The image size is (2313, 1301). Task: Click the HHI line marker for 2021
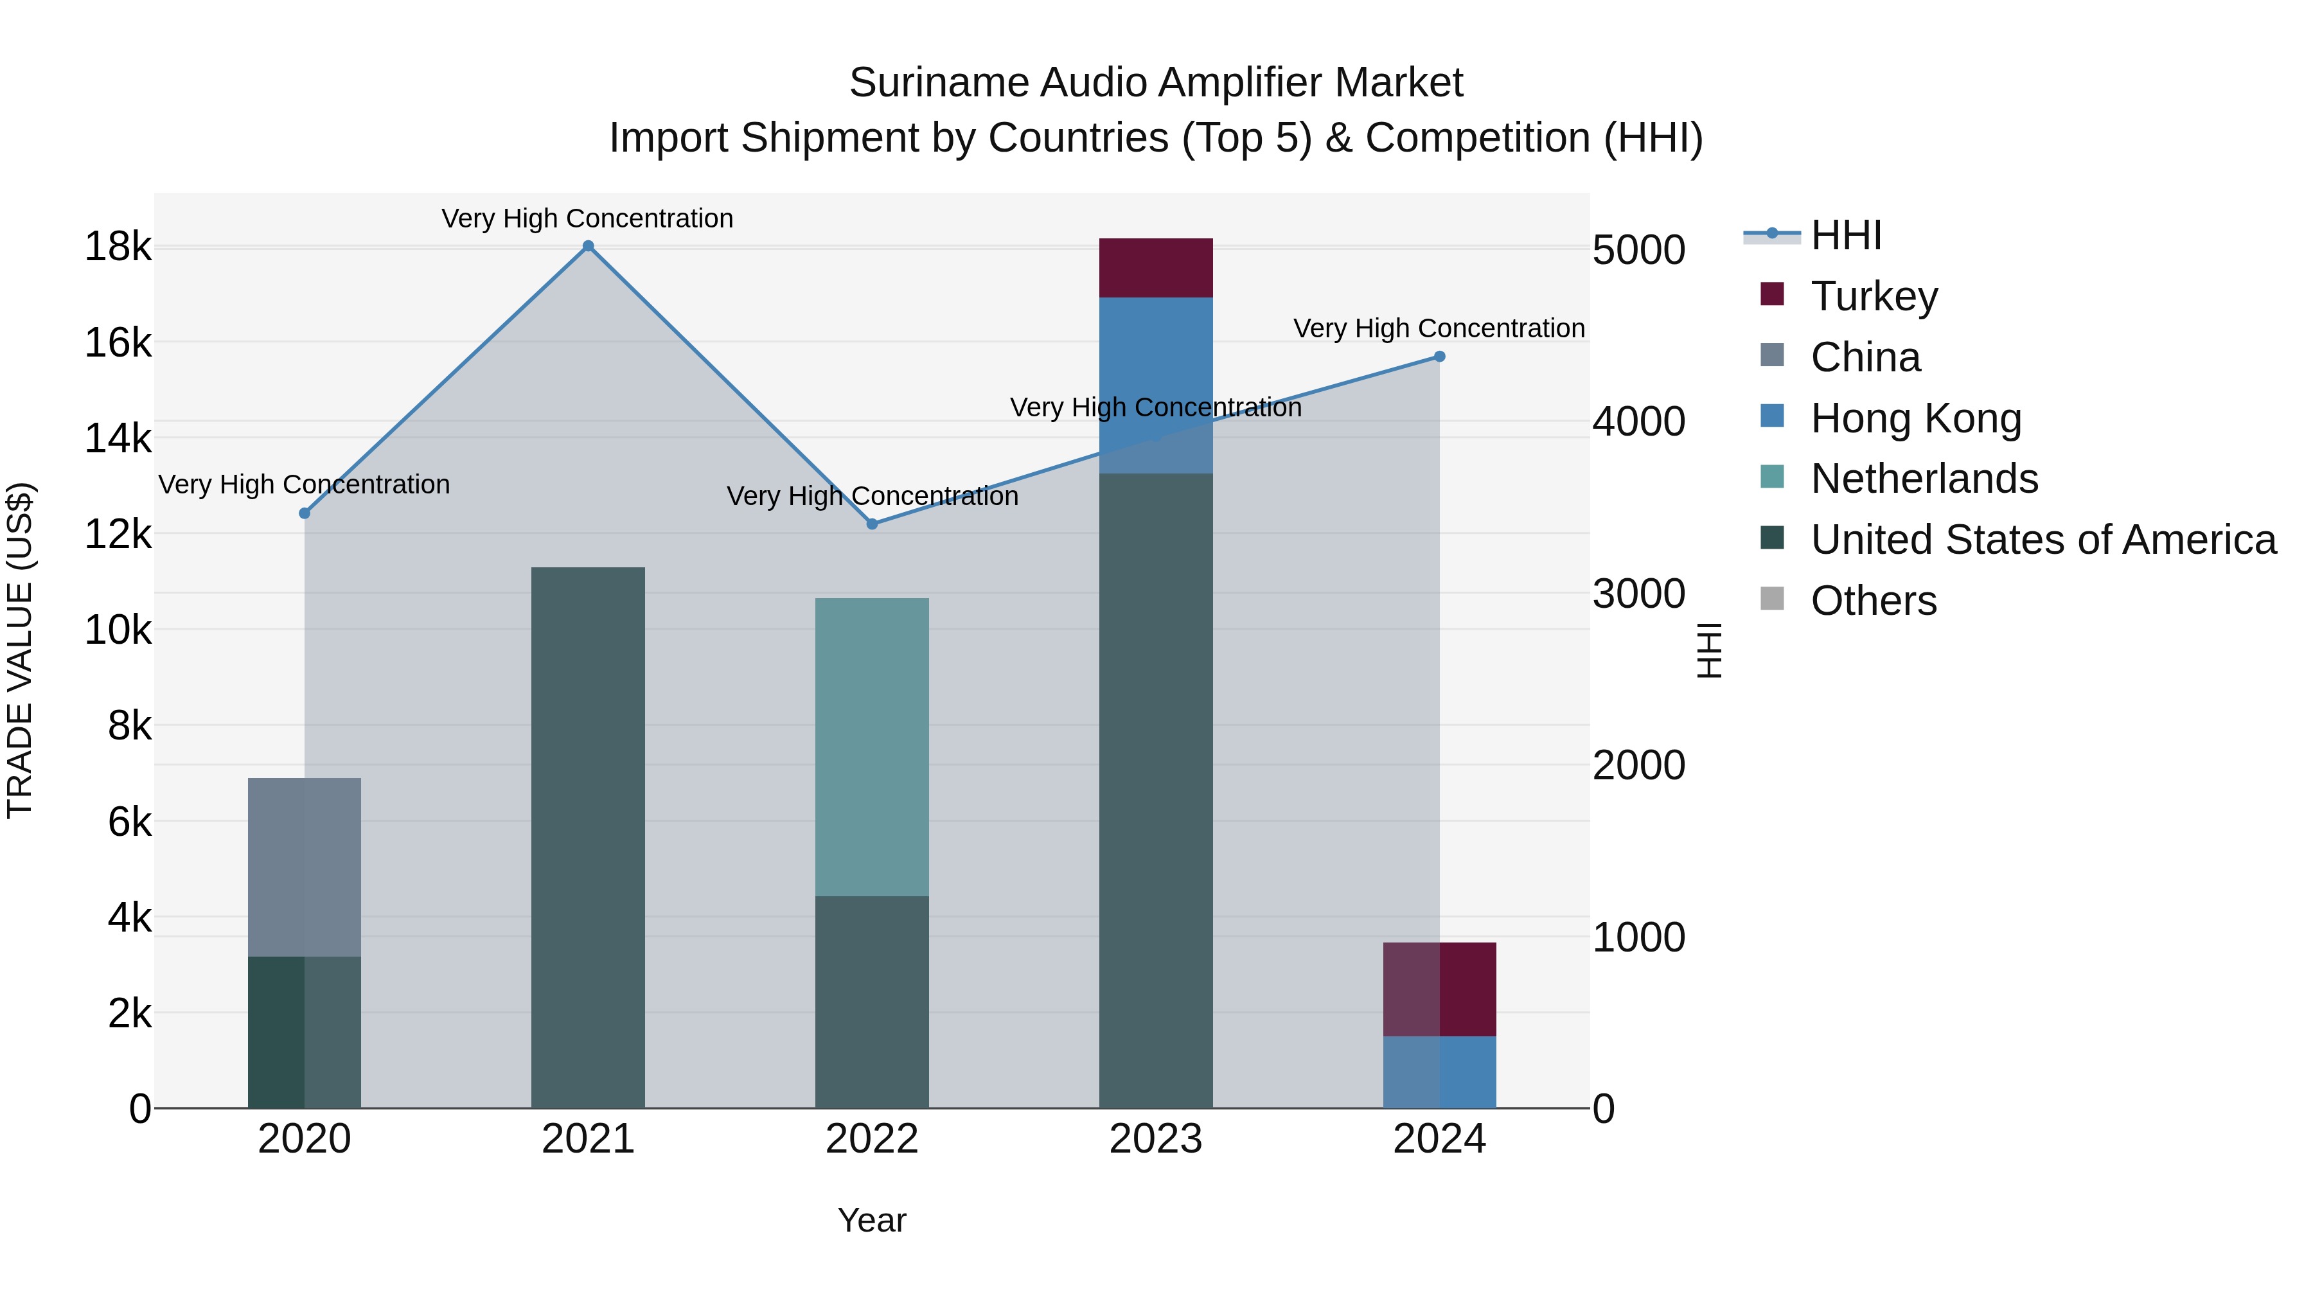588,246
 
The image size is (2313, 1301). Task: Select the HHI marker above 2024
1439,357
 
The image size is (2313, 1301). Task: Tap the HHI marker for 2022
872,524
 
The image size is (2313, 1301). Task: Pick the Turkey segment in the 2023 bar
1156,267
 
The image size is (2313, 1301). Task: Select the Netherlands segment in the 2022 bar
872,746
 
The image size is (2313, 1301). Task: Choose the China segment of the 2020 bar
305,867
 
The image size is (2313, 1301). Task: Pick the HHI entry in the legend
1845,235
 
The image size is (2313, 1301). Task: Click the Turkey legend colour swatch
1771,294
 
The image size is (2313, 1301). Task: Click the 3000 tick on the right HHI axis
1638,594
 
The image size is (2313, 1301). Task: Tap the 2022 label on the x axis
872,1139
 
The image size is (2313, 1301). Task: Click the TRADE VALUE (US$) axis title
20,650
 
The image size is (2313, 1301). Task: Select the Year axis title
872,1220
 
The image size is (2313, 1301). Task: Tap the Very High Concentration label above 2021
587,218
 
